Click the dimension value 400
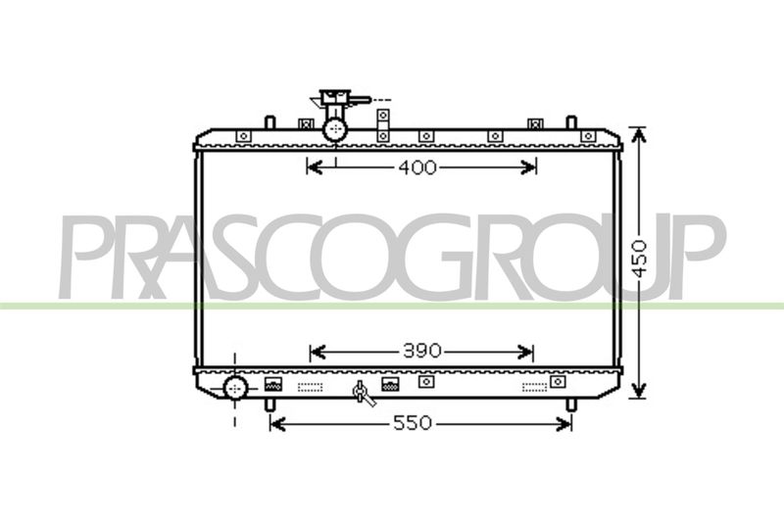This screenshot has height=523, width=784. coord(417,167)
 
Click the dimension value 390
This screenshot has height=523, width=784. coord(422,352)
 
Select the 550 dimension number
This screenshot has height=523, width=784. coord(412,424)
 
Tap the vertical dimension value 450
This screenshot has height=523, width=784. coord(640,259)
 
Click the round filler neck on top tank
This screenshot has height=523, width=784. coord(335,130)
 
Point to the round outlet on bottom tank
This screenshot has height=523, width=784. coord(235,388)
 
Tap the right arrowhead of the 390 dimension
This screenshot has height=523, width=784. coord(526,352)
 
